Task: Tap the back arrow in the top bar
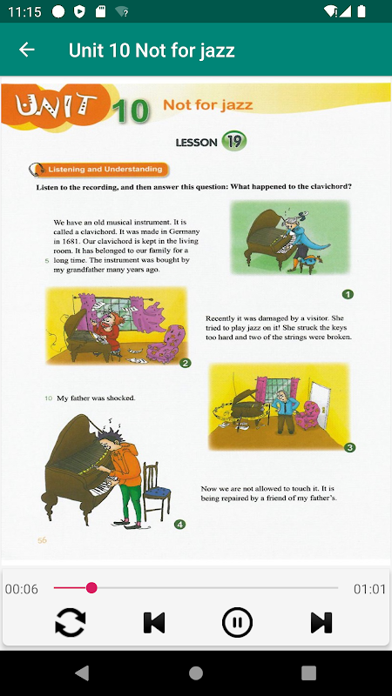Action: pyautogui.click(x=27, y=50)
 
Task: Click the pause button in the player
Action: pyautogui.click(x=237, y=622)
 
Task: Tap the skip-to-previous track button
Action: pyautogui.click(x=154, y=623)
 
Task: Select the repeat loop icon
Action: pyautogui.click(x=71, y=622)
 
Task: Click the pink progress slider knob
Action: pyautogui.click(x=91, y=588)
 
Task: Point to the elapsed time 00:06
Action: pyautogui.click(x=22, y=589)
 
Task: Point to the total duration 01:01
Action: pyautogui.click(x=369, y=589)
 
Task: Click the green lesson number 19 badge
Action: pyautogui.click(x=233, y=141)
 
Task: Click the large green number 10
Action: pyautogui.click(x=131, y=110)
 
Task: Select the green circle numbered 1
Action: pyautogui.click(x=348, y=294)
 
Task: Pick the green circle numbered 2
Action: pyautogui.click(x=186, y=363)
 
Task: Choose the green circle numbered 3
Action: pyautogui.click(x=350, y=447)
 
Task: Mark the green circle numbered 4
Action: pyautogui.click(x=179, y=525)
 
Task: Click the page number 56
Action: pyautogui.click(x=42, y=540)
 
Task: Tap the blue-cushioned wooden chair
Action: pyautogui.click(x=157, y=491)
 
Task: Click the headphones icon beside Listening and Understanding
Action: pyautogui.click(x=37, y=170)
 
